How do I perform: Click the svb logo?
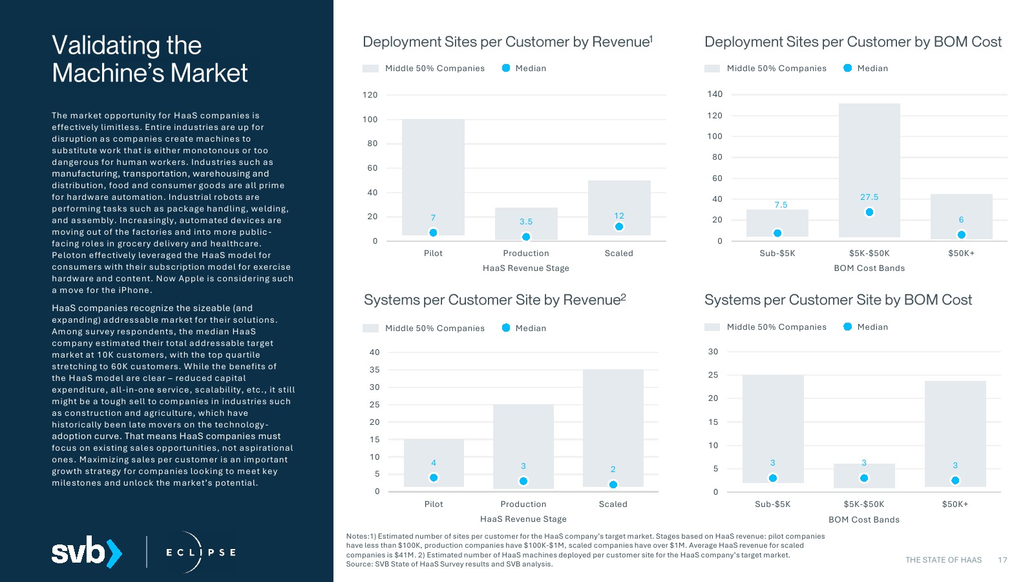click(87, 552)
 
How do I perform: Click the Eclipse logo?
click(200, 552)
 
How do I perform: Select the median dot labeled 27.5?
click(869, 212)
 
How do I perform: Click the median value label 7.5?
click(781, 205)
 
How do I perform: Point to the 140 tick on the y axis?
click(715, 94)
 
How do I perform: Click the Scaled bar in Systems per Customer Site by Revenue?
click(613, 427)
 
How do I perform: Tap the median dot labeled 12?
click(619, 226)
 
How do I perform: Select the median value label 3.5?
click(526, 222)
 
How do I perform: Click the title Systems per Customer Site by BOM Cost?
click(838, 300)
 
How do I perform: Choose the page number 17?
click(1002, 560)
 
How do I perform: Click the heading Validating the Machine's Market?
click(149, 59)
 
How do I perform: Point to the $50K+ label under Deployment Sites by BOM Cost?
click(961, 253)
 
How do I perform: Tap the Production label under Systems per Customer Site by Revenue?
click(523, 504)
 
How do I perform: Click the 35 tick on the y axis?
click(375, 370)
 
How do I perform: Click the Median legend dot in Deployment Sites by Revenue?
click(506, 68)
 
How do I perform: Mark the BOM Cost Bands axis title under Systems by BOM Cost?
click(864, 520)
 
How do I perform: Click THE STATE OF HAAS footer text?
click(943, 560)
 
